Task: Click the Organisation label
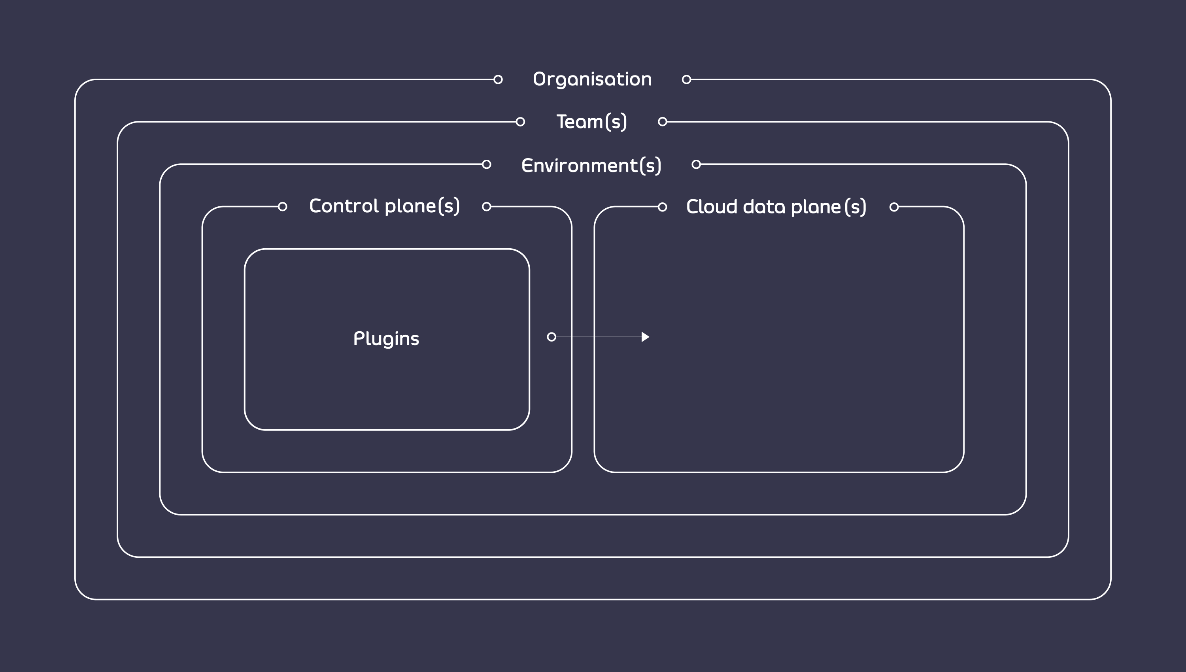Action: point(592,79)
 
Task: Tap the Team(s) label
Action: point(591,122)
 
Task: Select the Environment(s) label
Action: point(591,165)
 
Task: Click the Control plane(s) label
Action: point(384,206)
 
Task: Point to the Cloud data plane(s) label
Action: point(776,207)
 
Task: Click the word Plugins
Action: point(386,339)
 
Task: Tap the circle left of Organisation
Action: point(498,79)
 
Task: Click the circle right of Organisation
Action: point(686,79)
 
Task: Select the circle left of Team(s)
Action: point(520,122)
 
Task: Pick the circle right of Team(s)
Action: point(662,122)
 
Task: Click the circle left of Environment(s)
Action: point(486,164)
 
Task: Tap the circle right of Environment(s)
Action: point(696,164)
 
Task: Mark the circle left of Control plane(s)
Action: point(282,207)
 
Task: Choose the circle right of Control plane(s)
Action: point(486,207)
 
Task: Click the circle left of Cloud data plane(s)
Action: point(662,207)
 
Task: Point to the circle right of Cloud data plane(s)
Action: point(894,207)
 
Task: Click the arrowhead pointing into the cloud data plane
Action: point(645,337)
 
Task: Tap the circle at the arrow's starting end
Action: point(551,337)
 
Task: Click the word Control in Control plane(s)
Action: point(344,206)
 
